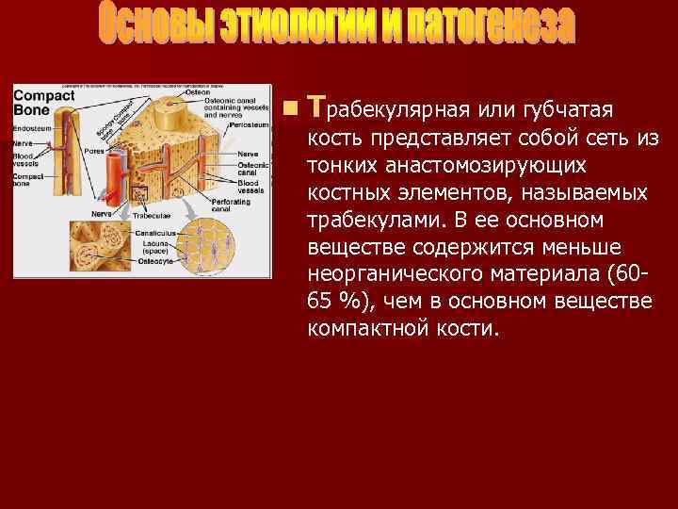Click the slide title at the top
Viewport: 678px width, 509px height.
[x=337, y=28]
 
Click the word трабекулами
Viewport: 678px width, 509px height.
[x=361, y=220]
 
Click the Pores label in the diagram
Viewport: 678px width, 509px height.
[x=94, y=150]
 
